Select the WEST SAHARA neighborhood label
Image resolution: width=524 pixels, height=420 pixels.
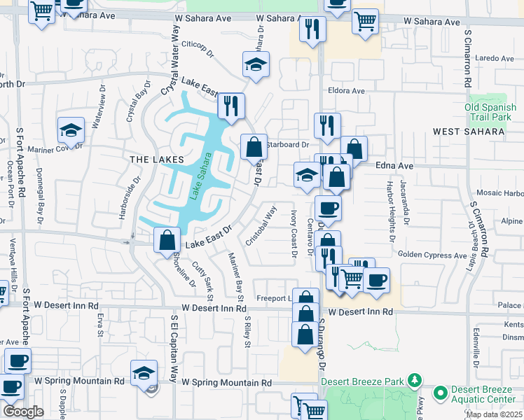(x=469, y=132)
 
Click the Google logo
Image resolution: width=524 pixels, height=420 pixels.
(x=23, y=412)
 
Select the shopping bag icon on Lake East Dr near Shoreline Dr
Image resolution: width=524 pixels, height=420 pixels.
(x=166, y=240)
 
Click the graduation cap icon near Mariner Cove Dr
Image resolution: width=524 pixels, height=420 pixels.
(x=71, y=130)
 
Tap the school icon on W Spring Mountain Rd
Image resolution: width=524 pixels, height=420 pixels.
(x=144, y=372)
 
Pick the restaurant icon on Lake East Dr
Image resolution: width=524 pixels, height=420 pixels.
(x=230, y=106)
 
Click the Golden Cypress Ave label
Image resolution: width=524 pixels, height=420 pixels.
(x=433, y=256)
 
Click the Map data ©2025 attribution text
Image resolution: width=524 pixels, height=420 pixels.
(x=493, y=414)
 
